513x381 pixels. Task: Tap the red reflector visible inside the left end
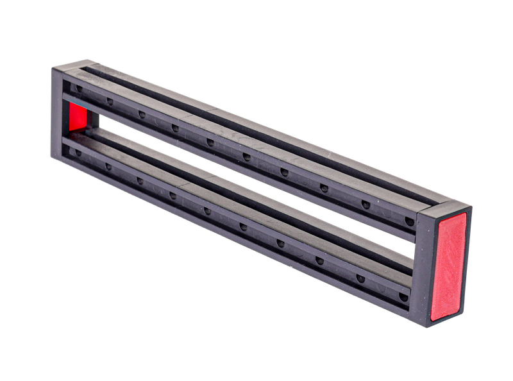click(78, 118)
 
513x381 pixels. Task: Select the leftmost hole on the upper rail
click(78, 88)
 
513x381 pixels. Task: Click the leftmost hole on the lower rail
click(78, 153)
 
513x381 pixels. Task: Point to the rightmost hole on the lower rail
click(402, 297)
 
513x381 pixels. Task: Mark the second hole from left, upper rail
click(110, 101)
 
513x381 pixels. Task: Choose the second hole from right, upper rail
click(366, 204)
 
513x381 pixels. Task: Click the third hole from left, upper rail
click(141, 114)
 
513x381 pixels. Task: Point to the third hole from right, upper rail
click(324, 187)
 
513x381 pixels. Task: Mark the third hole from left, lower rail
click(140, 180)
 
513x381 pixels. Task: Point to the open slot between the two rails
click(244, 186)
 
